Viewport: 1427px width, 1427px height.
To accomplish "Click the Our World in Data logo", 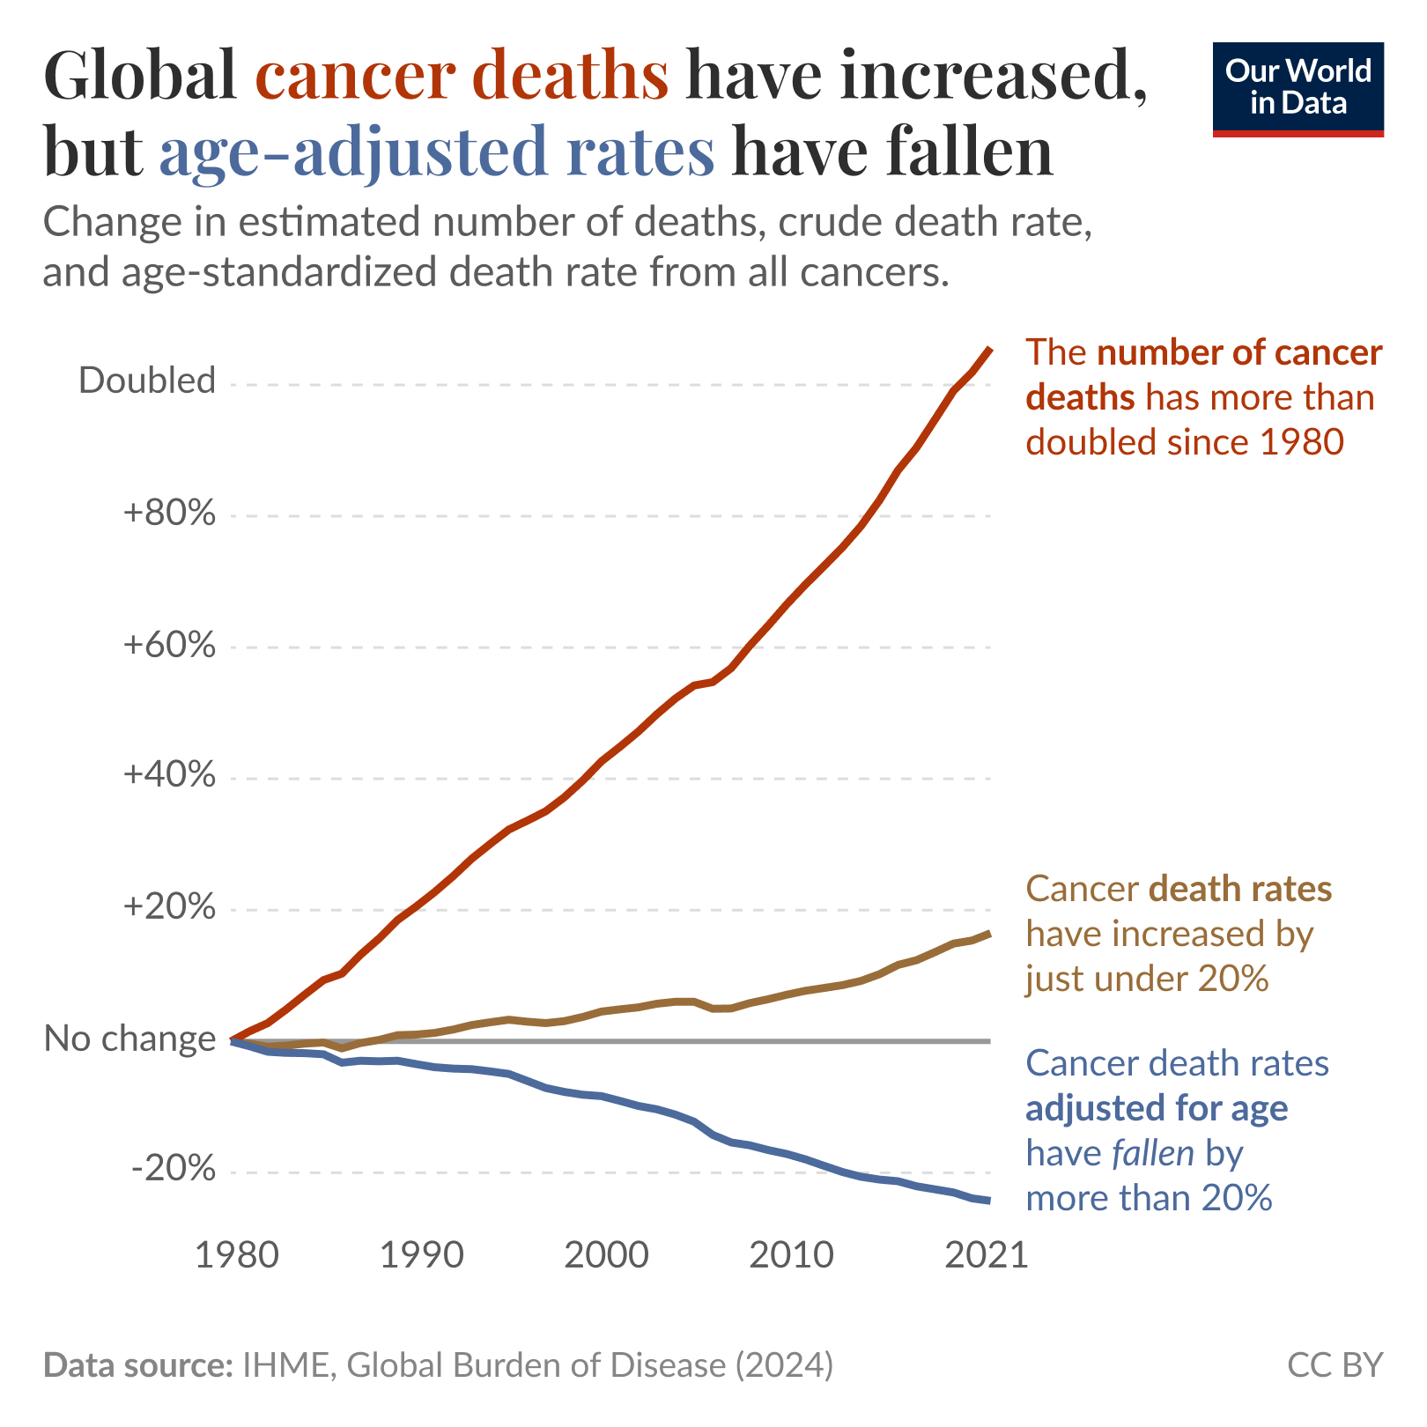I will point(1298,88).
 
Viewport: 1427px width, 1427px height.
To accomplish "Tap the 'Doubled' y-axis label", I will point(147,381).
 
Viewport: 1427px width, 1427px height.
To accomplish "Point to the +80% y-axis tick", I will point(170,513).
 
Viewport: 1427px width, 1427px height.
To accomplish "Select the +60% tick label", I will point(170,645).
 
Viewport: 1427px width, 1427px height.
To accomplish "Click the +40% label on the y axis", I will point(170,775).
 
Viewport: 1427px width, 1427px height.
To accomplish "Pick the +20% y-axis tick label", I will point(170,907).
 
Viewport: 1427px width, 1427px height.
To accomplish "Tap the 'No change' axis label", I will point(129,1039).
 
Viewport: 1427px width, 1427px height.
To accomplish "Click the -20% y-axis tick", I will point(174,1170).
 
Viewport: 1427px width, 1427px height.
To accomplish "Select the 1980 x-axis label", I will point(236,1255).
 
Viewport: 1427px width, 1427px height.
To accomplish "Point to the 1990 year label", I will point(421,1255).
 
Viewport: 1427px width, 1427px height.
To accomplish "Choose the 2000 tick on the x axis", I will point(606,1255).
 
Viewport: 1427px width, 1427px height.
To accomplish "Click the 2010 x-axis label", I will point(791,1255).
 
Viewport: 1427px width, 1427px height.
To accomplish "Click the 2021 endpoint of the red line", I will point(990,350).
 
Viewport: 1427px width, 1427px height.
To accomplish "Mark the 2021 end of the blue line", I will point(990,1200).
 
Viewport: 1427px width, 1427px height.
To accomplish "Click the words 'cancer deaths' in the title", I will point(462,75).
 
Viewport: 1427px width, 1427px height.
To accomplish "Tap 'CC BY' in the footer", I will point(1335,1364).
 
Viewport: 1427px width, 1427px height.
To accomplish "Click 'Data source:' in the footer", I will point(137,1364).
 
